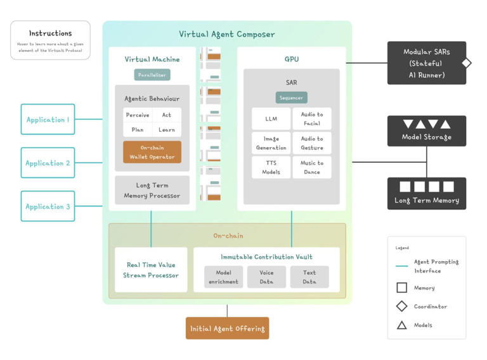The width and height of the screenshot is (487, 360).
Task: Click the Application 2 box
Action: click(48, 163)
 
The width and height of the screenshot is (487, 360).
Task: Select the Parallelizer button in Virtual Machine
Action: click(152, 75)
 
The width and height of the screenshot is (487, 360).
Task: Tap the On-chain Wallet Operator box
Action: click(152, 152)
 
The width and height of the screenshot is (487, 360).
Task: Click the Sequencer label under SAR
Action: click(292, 98)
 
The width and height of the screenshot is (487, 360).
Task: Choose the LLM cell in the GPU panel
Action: click(271, 119)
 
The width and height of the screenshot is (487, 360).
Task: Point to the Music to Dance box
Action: click(312, 167)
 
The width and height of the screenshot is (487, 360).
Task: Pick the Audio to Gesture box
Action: click(312, 143)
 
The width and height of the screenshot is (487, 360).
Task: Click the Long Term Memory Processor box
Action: click(152, 191)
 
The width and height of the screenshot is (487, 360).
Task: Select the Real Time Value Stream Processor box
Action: click(151, 270)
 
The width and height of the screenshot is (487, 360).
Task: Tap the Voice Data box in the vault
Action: click(266, 277)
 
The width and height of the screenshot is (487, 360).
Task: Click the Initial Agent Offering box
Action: click(227, 328)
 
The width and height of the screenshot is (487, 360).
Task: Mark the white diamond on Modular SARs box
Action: click(467, 63)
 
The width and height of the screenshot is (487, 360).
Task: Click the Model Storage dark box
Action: click(427, 131)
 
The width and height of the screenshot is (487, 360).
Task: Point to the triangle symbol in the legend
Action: click(401, 325)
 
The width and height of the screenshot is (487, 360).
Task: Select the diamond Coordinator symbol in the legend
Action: click(401, 307)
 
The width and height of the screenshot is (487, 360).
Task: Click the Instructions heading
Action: click(50, 33)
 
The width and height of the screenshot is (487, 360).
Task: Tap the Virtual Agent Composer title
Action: click(227, 34)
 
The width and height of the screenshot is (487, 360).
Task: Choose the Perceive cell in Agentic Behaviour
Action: click(138, 115)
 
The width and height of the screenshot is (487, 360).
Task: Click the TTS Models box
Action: click(271, 167)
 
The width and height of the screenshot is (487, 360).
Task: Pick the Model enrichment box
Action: click(223, 277)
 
